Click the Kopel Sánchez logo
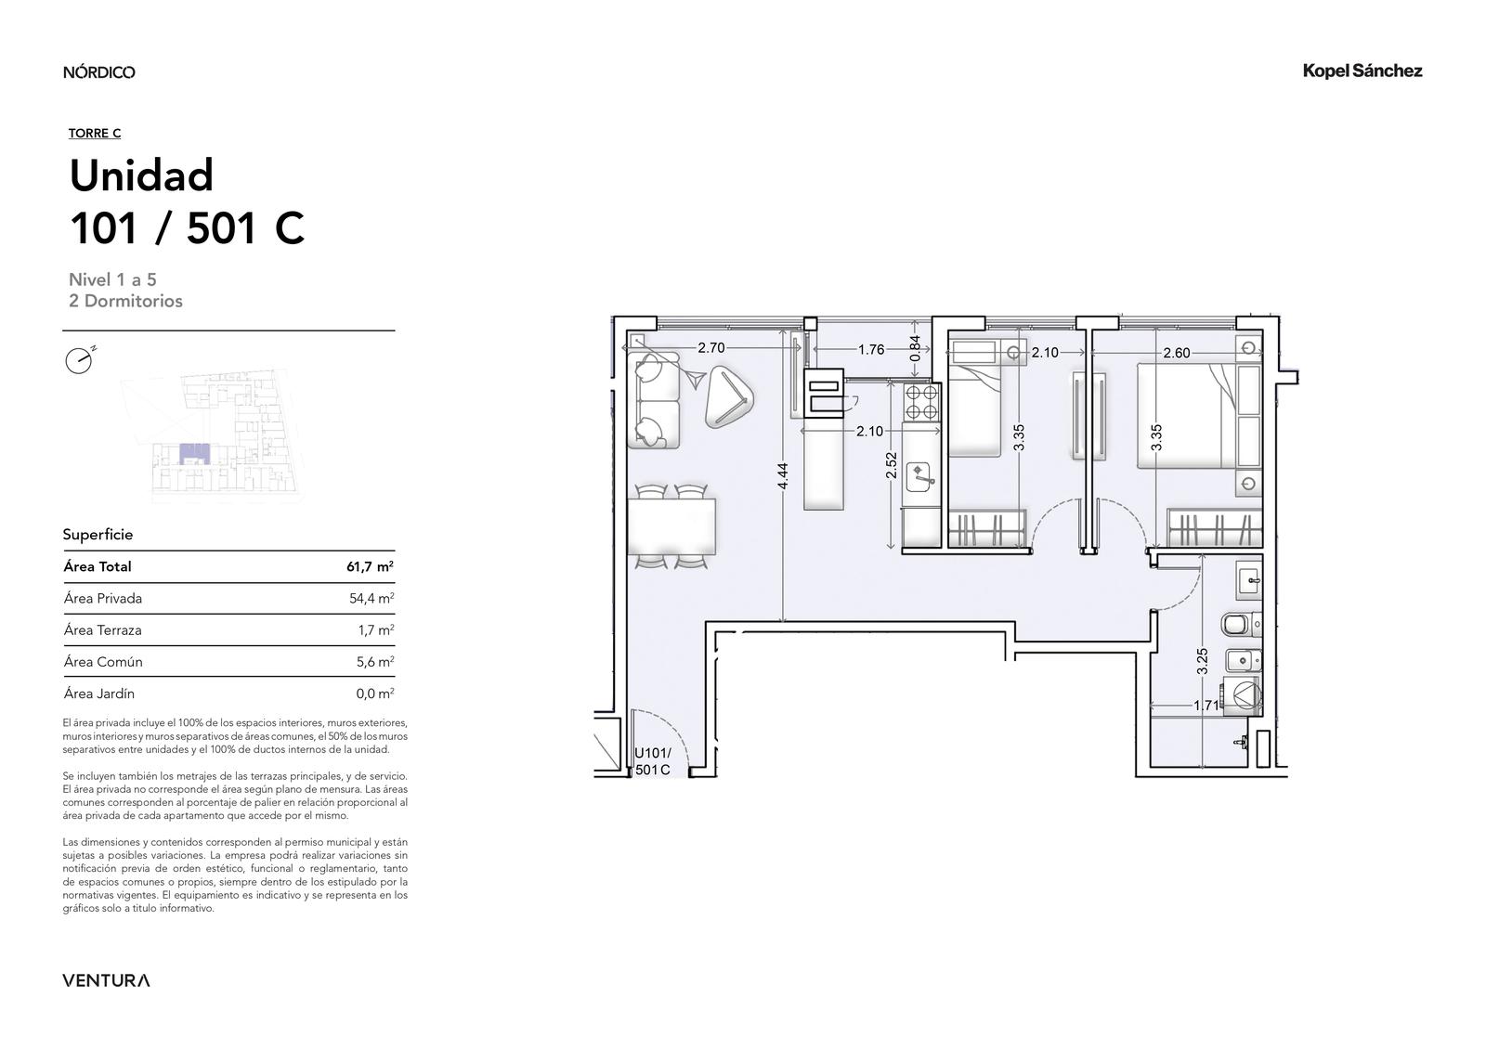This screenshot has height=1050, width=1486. pos(1362,71)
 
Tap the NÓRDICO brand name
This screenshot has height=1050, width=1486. pos(98,72)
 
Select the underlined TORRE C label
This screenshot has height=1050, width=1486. pos(94,134)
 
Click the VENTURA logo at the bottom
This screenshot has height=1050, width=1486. pos(106,980)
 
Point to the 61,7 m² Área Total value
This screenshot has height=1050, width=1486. pos(370,566)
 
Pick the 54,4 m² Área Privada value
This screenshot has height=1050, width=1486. pos(371,598)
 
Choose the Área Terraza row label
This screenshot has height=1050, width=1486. pos(103,630)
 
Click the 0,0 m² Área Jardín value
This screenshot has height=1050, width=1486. pos(375,694)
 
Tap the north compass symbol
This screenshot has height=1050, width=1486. pos(80,360)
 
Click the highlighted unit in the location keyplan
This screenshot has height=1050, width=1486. pos(194,454)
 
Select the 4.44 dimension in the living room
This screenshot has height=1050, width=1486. pos(783,475)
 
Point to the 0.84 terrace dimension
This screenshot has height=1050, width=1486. pos(915,348)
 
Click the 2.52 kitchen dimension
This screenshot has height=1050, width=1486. pos(891,465)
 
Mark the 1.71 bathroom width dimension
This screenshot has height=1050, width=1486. pos(1206,706)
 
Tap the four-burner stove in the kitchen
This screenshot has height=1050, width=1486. pos(922,402)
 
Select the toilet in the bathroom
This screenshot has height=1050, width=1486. pos(1242,624)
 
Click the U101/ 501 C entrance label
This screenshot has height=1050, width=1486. pos(653,761)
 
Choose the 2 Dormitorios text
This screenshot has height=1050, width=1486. pos(125,301)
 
